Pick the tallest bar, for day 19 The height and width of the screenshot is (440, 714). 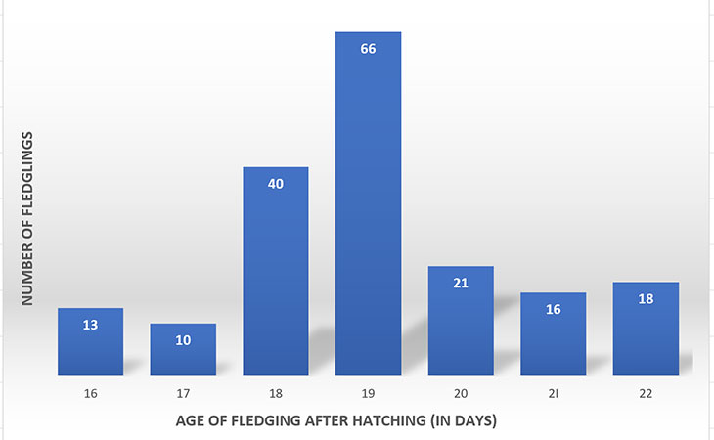tap(368, 204)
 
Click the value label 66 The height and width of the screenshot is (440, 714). tap(368, 48)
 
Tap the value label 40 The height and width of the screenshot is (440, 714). tap(275, 183)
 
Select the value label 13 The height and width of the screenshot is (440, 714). tap(90, 325)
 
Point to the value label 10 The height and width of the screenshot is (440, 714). tap(183, 340)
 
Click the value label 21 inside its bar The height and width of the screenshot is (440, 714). tap(461, 283)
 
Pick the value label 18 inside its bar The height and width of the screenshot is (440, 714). tap(646, 298)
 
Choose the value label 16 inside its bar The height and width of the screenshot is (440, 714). tap(553, 309)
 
